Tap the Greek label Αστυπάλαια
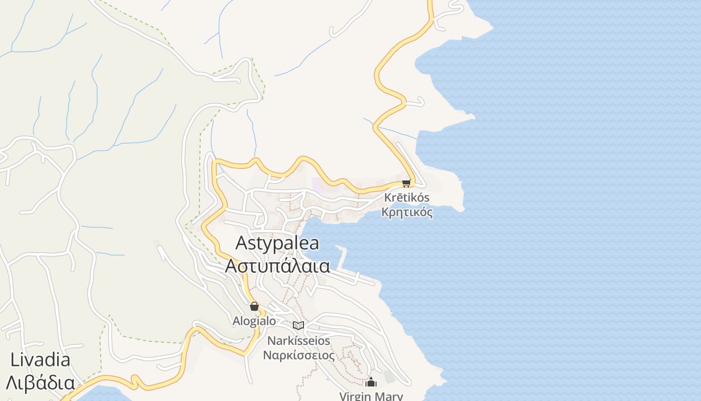click(277, 266)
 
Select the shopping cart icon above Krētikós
click(406, 183)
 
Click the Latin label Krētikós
click(407, 197)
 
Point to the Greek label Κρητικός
click(407, 212)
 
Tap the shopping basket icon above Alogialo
click(254, 306)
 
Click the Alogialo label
click(254, 321)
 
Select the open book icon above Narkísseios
click(298, 325)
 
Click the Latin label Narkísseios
click(299, 341)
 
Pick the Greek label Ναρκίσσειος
click(299, 355)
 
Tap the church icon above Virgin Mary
click(371, 382)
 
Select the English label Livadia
click(40, 360)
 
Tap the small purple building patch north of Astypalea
click(320, 184)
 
